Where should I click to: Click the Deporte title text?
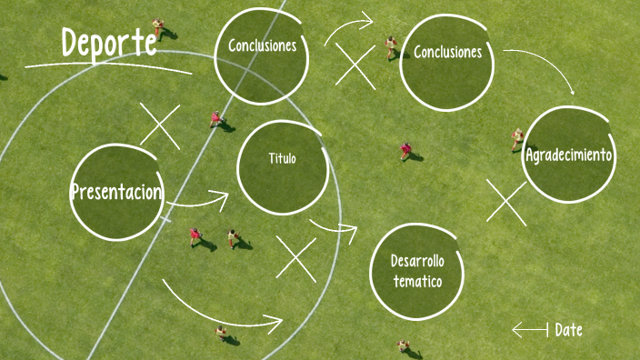(x=108, y=43)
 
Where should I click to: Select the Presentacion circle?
(x=116, y=192)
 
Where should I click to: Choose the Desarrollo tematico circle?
(x=417, y=271)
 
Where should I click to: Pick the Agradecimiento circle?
(x=569, y=155)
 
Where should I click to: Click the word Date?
(x=568, y=330)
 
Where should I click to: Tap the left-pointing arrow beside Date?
(x=530, y=329)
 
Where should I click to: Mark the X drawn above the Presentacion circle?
(x=160, y=125)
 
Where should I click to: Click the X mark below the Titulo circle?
(x=295, y=259)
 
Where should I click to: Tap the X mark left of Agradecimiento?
(x=506, y=201)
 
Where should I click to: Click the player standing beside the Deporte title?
(x=159, y=28)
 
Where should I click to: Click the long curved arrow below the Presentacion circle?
(x=223, y=309)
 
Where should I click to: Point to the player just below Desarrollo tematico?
(x=403, y=346)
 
